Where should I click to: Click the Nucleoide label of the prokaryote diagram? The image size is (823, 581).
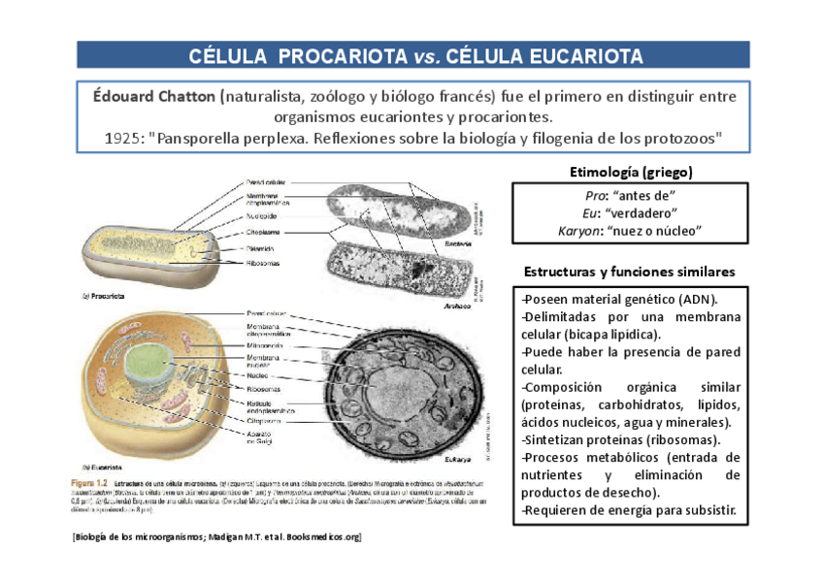click(265, 217)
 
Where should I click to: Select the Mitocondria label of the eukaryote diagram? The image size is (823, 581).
click(265, 344)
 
